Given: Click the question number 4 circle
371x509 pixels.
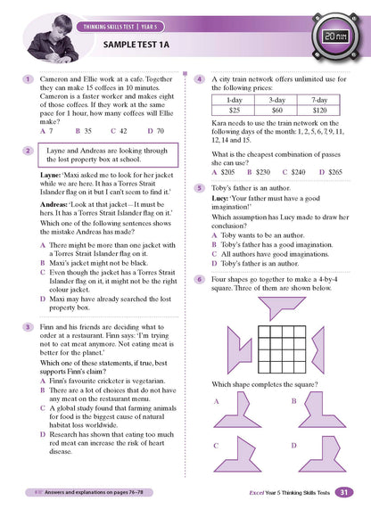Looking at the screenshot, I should click(200, 79).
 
